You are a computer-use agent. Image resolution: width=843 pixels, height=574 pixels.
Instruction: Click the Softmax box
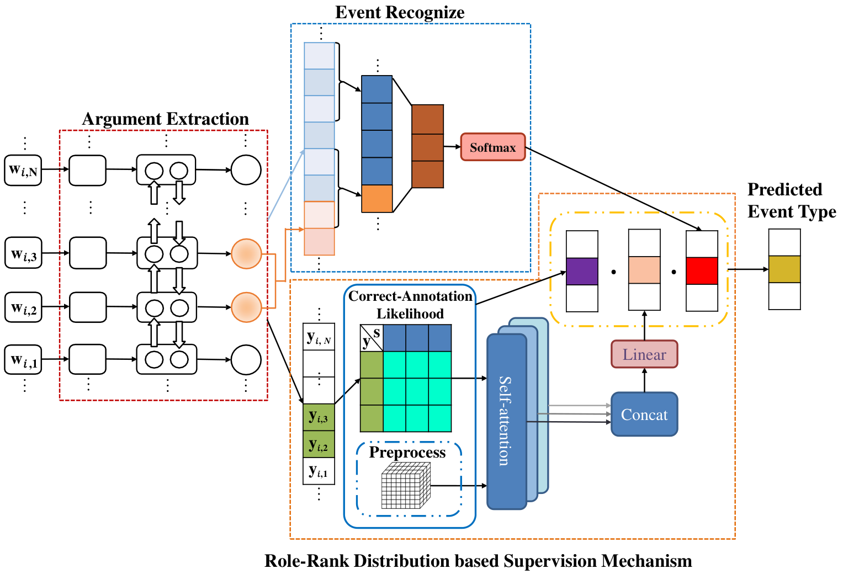click(492, 147)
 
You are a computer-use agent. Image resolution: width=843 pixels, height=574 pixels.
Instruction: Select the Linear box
click(644, 354)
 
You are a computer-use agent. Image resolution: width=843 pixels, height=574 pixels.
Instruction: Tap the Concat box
click(644, 414)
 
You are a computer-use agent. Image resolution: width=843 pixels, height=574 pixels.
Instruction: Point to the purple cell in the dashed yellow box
click(582, 271)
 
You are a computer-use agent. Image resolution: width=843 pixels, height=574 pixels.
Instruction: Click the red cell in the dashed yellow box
click(702, 271)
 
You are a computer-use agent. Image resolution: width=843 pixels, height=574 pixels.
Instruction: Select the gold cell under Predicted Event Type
click(784, 269)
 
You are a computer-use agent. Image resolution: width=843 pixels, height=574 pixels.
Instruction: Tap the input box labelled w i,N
click(23, 170)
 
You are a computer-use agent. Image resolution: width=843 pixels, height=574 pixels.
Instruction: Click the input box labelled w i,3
click(23, 253)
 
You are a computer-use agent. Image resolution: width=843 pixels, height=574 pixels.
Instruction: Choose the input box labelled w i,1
click(23, 360)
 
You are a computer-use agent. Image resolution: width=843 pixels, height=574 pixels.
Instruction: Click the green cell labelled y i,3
click(319, 417)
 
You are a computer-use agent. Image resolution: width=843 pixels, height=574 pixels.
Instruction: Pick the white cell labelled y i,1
click(319, 471)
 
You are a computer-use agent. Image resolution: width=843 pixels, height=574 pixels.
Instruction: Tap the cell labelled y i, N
click(319, 337)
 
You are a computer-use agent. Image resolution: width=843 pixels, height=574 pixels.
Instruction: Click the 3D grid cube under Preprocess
click(406, 486)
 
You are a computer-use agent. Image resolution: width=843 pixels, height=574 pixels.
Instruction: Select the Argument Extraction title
click(165, 119)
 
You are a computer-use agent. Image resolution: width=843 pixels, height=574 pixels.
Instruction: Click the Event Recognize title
click(400, 12)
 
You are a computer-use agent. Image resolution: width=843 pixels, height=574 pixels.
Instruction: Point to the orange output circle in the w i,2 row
click(246, 307)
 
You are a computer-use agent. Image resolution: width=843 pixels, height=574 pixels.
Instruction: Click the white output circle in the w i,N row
click(246, 170)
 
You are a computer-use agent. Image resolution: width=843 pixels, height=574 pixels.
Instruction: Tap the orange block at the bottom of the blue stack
click(377, 199)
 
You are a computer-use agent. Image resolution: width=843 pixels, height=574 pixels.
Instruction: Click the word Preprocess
click(407, 453)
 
